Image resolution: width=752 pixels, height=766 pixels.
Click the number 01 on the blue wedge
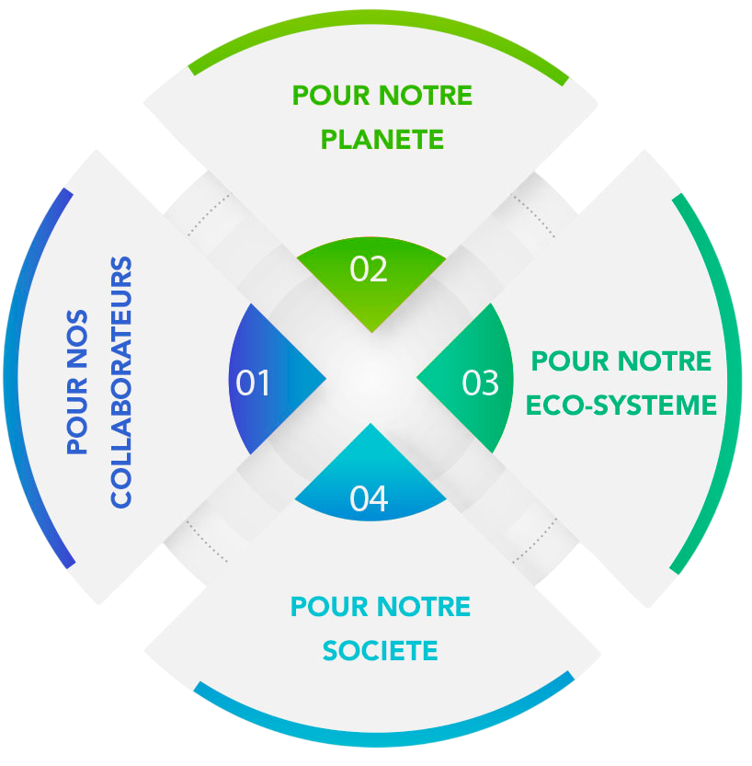253,383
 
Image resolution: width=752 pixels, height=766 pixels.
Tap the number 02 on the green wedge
369,269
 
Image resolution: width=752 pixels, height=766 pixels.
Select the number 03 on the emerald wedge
481,383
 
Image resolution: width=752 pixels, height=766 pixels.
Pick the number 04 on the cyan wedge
369,498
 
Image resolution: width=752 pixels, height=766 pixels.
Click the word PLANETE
382,140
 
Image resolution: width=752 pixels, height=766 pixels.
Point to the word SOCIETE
381,651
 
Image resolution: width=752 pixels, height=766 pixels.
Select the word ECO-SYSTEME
621,406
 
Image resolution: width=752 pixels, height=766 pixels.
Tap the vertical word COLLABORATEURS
121,382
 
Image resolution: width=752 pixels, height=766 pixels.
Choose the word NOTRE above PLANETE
426,96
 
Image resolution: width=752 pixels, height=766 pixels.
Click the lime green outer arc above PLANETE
379,17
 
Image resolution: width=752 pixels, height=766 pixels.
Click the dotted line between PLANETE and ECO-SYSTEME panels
532,216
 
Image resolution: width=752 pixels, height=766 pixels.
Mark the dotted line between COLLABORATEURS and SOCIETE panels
207,542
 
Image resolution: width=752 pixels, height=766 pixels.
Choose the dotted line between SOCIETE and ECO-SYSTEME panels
535,541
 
